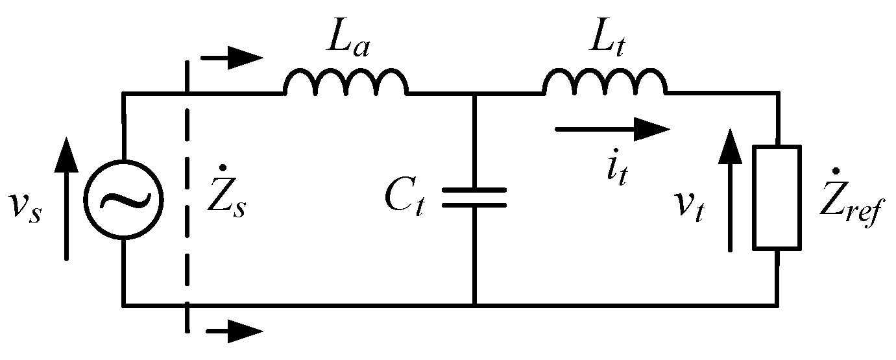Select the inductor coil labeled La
[345, 83]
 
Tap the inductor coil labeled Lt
[604, 83]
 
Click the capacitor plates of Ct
[474, 198]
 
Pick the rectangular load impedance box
[777, 197]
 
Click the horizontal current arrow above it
[612, 129]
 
